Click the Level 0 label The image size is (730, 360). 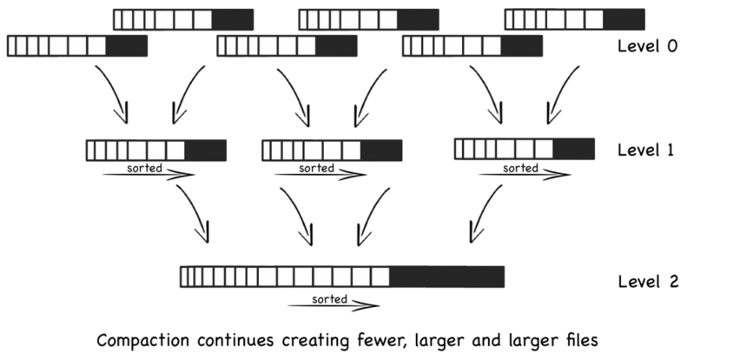click(x=647, y=46)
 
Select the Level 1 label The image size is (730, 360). click(x=646, y=150)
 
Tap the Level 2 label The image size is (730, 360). click(x=647, y=282)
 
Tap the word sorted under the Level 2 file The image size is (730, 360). click(x=329, y=299)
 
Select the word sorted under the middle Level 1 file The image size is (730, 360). click(x=317, y=168)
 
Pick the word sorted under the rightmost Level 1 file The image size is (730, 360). click(x=520, y=168)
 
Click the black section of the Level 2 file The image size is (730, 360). click(x=446, y=277)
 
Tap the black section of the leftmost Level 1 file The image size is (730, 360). click(x=205, y=150)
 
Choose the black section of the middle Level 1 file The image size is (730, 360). click(x=381, y=150)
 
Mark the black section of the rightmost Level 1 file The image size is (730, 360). click(x=573, y=149)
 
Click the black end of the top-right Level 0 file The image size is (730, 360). click(x=623, y=19)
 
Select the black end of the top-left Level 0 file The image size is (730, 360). click(x=232, y=19)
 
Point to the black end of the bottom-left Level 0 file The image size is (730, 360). click(x=126, y=46)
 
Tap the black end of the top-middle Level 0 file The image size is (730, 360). click(x=417, y=19)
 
